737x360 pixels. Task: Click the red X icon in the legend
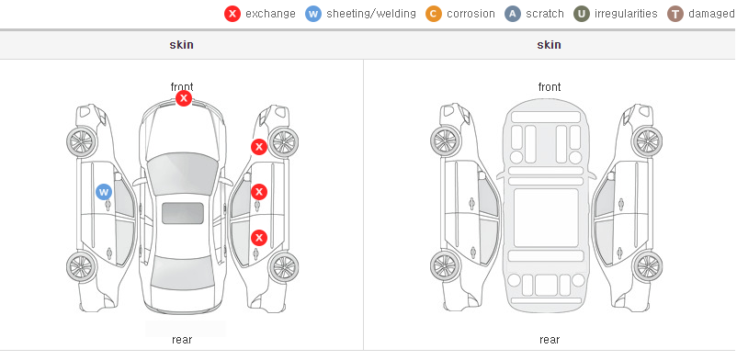232,14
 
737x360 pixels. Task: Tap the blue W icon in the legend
313,14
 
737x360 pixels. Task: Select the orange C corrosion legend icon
434,14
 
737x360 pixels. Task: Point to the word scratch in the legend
545,14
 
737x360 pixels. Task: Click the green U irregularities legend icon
582,14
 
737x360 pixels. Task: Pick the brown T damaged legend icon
675,14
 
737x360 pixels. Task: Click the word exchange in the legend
270,14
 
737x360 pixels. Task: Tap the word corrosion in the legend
471,14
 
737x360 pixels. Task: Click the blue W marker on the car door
104,192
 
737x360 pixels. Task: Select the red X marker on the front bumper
184,98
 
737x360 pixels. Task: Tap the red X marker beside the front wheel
259,147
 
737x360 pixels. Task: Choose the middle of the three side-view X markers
259,192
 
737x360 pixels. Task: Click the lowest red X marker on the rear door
259,238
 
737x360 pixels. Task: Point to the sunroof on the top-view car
183,213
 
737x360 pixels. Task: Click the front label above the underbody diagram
550,87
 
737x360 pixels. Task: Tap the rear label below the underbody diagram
550,340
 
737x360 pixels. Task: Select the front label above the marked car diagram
182,87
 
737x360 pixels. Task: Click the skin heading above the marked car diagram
181,45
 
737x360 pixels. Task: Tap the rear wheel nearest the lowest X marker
283,267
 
